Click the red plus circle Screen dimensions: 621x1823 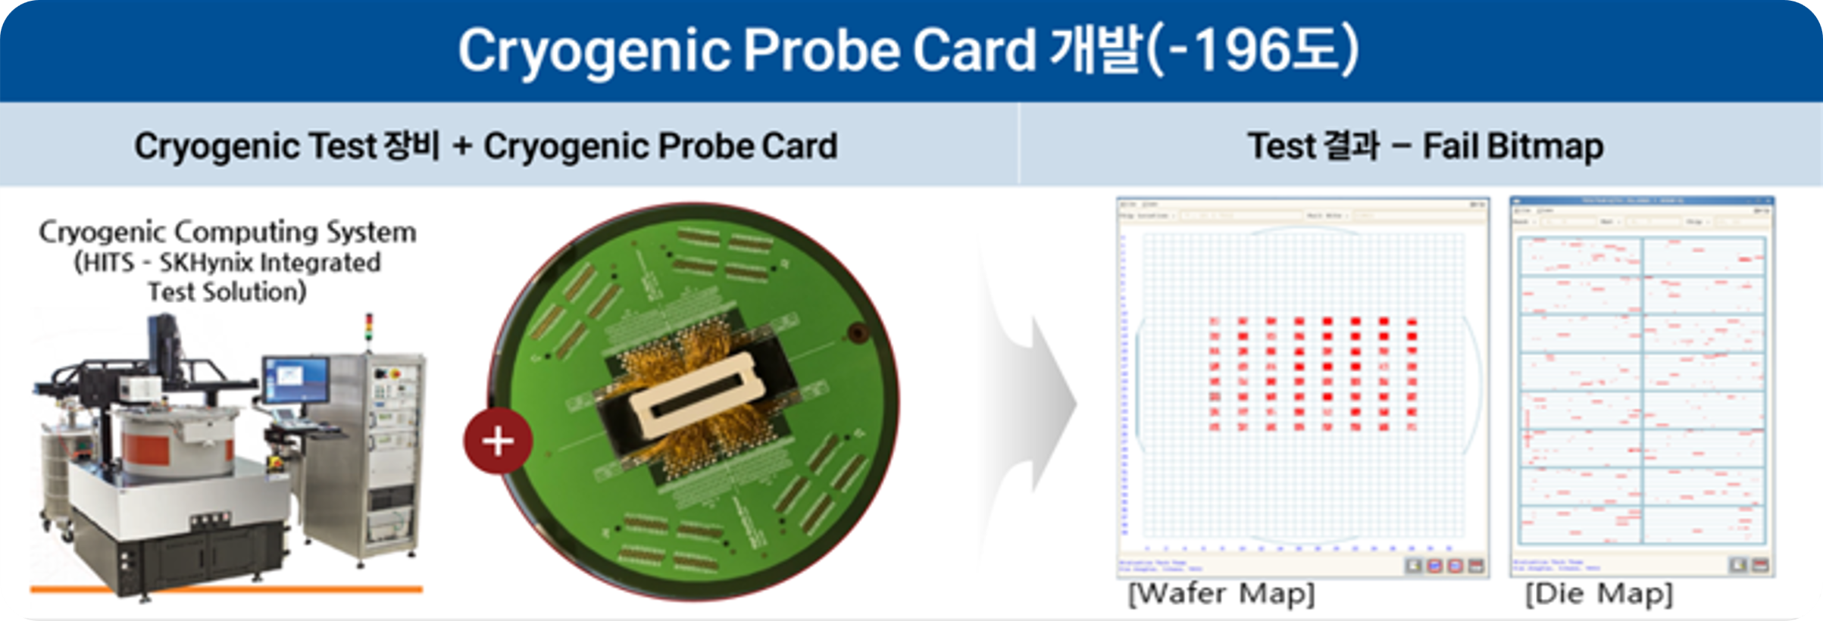point(498,441)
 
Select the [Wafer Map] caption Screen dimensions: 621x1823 point(1221,594)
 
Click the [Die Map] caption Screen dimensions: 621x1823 point(1599,594)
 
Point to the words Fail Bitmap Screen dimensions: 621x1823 point(1512,146)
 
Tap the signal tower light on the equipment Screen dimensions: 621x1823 point(370,329)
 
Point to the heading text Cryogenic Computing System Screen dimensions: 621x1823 point(227,232)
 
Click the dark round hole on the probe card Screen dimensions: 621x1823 point(857,332)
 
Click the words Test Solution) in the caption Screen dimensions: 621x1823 point(227,292)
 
